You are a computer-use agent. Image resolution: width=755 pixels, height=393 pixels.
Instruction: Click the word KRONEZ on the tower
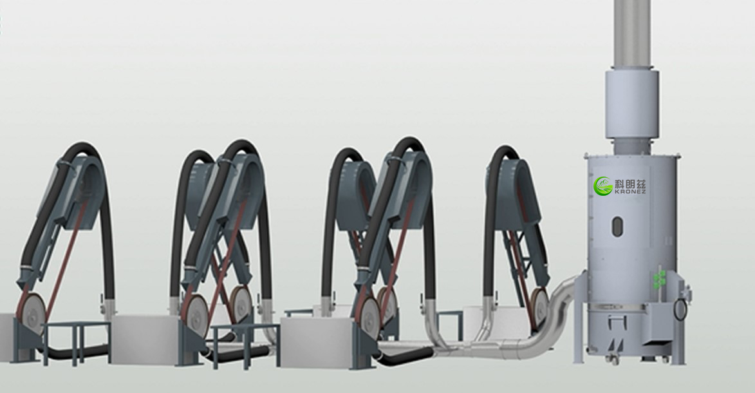630,191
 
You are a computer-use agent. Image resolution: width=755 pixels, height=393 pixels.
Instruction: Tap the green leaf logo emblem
603,186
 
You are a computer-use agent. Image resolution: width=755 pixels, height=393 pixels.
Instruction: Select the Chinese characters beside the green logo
630,184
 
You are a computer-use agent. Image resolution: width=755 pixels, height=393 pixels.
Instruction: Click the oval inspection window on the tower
617,227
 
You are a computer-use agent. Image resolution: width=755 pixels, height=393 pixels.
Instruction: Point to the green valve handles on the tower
659,280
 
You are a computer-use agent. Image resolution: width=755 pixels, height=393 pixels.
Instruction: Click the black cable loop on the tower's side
680,309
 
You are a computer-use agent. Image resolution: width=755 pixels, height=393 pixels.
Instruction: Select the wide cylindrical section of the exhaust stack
632,104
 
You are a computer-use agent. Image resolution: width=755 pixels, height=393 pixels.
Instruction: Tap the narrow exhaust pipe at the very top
632,34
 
